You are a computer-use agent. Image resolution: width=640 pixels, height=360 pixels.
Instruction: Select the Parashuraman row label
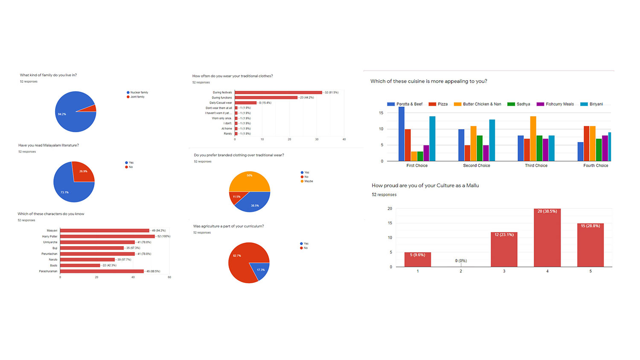click(48, 271)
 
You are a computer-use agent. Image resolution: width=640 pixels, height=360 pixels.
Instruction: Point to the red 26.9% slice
click(83, 171)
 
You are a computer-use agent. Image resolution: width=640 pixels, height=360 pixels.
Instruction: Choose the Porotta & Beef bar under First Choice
click(401, 134)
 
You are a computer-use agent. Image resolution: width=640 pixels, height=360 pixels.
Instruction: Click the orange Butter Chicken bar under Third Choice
click(533, 139)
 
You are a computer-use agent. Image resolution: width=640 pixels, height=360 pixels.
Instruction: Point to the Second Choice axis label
click(477, 165)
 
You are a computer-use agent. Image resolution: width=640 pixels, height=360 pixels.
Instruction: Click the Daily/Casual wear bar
click(246, 103)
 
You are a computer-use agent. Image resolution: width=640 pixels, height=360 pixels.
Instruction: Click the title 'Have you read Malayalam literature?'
click(49, 145)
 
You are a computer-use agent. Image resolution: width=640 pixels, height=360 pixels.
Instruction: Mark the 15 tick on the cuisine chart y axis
click(381, 113)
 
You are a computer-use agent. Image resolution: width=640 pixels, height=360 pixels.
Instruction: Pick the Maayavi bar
click(105, 231)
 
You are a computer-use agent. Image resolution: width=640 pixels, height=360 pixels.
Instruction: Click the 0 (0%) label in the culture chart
click(461, 261)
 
